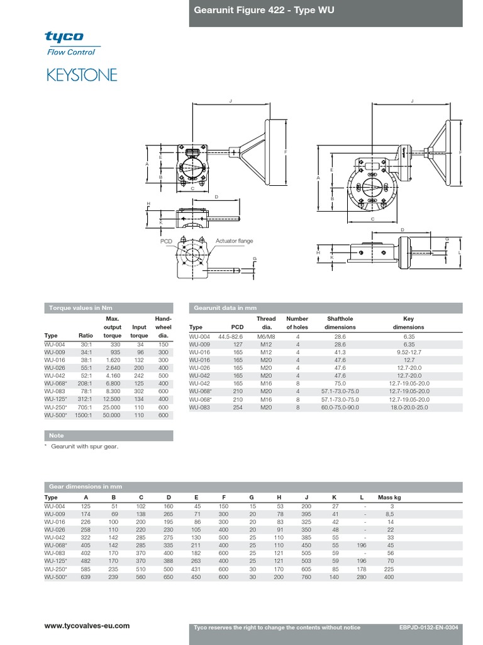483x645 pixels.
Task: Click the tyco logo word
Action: click(x=64, y=37)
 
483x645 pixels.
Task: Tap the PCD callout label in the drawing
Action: click(x=165, y=241)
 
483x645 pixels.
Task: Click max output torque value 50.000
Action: click(x=113, y=416)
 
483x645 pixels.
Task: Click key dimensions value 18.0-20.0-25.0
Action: click(x=408, y=408)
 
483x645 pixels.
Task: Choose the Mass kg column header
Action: click(x=389, y=498)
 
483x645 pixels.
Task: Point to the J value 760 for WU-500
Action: click(x=306, y=577)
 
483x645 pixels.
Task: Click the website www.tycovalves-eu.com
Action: click(x=87, y=625)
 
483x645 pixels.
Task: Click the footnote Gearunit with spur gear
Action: click(x=84, y=446)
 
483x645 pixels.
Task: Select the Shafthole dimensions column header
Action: click(x=340, y=323)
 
